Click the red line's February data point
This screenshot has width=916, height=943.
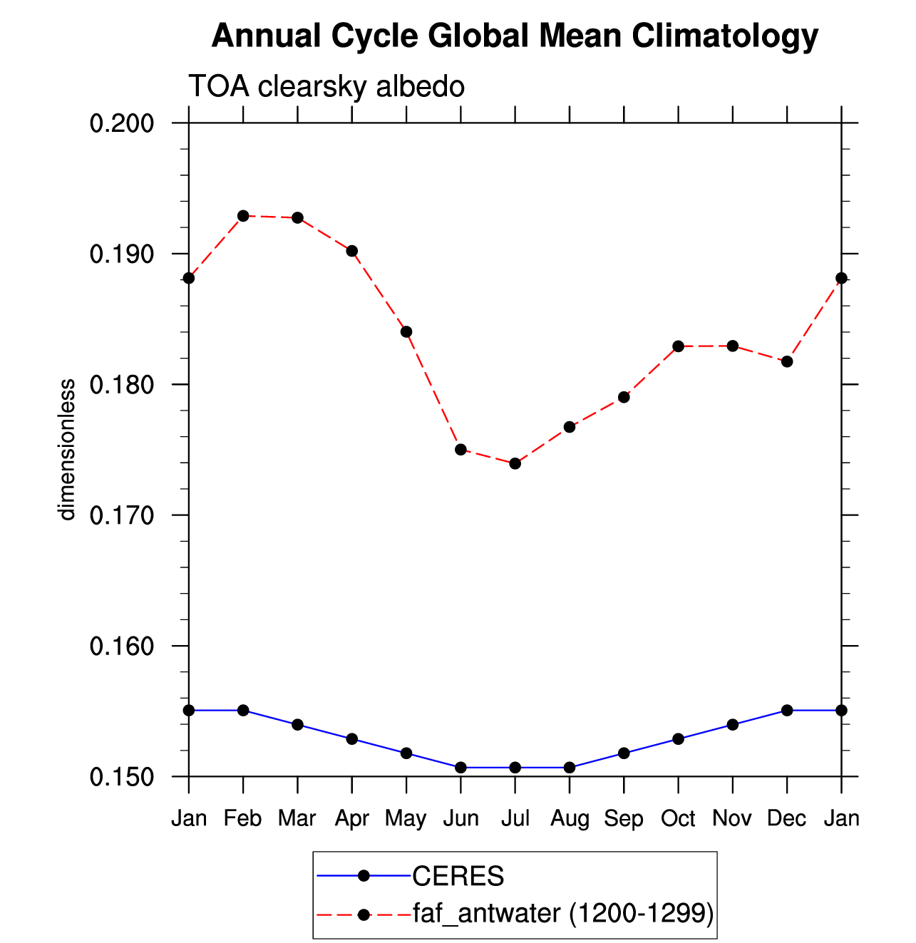[243, 216]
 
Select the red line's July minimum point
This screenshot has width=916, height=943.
[515, 464]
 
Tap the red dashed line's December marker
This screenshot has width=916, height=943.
[787, 361]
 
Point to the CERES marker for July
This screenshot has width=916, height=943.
[515, 768]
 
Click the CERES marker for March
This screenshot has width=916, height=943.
[297, 725]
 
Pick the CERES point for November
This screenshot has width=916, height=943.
[732, 725]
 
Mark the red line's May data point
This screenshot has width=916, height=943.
[406, 332]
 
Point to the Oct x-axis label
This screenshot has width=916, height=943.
[678, 819]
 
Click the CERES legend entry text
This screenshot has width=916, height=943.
[458, 876]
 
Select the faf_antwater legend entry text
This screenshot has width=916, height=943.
[563, 914]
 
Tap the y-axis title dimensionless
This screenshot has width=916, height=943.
[67, 450]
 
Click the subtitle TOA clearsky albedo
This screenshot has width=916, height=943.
[326, 86]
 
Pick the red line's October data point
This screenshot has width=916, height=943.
[678, 346]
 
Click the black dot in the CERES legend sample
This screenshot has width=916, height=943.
[364, 876]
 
